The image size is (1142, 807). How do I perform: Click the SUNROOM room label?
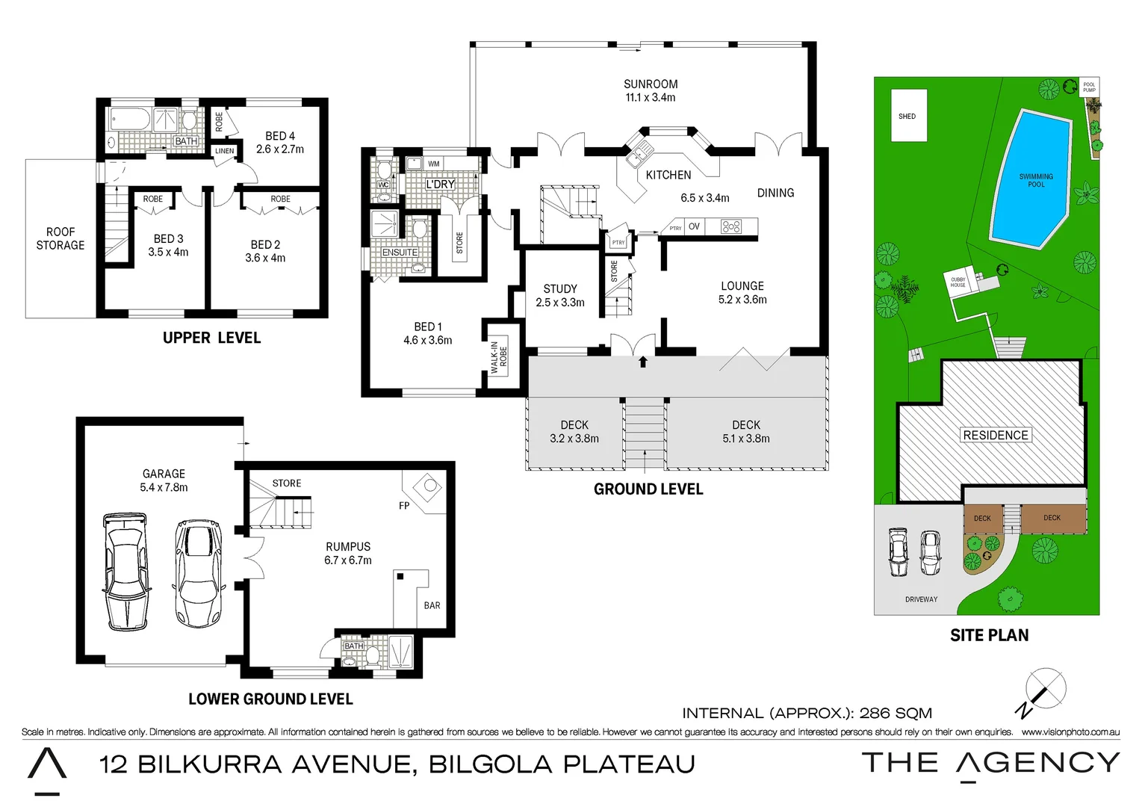coord(651,90)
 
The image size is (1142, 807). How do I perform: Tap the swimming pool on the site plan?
coord(1033,179)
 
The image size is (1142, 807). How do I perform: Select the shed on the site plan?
coord(908,116)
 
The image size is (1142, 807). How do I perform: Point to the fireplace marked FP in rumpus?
coord(429,488)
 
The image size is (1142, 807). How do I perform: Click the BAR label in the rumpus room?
coord(432,605)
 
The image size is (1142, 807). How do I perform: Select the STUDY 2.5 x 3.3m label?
coord(560,295)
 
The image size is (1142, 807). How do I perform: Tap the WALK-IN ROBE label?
coord(499,358)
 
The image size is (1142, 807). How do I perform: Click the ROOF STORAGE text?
coord(60,238)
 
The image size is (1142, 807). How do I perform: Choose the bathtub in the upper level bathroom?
coord(130,119)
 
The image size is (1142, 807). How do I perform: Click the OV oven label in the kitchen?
coord(694,226)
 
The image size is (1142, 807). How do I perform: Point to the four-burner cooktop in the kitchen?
coord(730,226)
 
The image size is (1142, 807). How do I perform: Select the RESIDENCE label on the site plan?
coord(995,435)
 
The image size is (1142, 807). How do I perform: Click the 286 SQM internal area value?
coord(896,713)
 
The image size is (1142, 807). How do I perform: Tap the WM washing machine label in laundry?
coord(433,164)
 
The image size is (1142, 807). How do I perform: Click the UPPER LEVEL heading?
coord(212,338)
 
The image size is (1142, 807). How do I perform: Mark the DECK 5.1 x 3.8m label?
coord(745,431)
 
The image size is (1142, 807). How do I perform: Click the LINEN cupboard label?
coord(224,151)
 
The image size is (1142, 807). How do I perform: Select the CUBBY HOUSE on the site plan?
coord(959,282)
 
